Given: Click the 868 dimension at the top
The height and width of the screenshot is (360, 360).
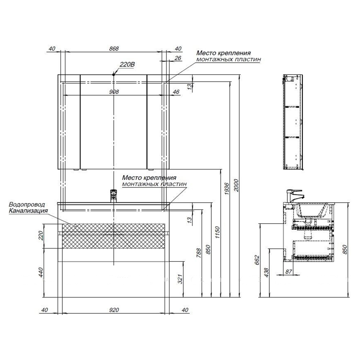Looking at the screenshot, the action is point(114,49).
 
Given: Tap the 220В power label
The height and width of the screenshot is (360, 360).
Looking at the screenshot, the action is point(127,65).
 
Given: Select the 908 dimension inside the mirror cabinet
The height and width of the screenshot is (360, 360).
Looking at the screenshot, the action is point(114,92).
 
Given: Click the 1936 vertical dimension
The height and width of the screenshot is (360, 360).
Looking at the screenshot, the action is point(227,189).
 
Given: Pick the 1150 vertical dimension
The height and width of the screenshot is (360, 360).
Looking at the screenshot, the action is point(217,232).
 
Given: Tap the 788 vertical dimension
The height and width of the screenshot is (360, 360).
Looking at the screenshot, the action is point(199,253).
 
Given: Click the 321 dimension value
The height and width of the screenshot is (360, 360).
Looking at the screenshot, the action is point(180,279).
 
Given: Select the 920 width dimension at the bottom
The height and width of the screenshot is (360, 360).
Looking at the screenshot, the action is point(114,310).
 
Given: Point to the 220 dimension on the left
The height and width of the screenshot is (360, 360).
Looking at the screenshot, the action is point(40,235).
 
